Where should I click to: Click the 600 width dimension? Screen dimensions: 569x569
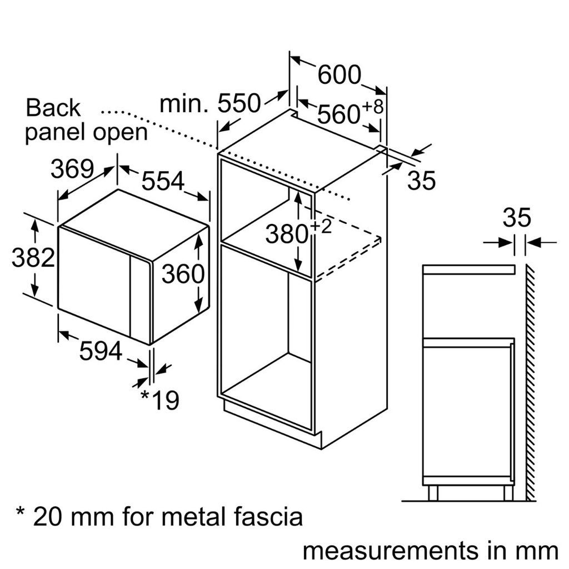coord(339,74)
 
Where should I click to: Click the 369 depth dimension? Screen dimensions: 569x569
coord(72,169)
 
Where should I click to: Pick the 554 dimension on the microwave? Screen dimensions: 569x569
coord(162,181)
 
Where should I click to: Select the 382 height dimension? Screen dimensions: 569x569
coord(33,258)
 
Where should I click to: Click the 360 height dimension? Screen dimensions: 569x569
coord(183,273)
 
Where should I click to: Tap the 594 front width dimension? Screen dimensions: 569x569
coord(100,351)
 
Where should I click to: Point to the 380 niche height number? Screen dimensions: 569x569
coord(286,234)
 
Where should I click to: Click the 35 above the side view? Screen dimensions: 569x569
coord(517,218)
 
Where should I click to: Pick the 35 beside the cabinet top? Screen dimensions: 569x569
coord(421,181)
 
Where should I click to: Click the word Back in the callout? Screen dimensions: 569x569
coord(53,108)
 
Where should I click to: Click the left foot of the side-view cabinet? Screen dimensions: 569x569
coord(433,492)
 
